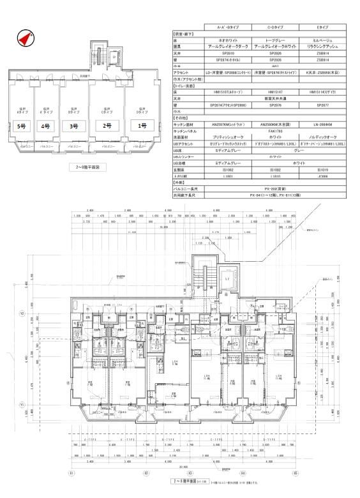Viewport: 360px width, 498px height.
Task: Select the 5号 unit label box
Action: pyautogui.click(x=22, y=126)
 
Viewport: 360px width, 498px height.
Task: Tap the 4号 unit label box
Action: pyautogui.click(x=45, y=126)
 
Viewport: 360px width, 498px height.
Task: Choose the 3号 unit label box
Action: pyautogui.click(x=74, y=126)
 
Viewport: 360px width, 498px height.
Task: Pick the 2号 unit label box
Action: pyautogui.click(x=108, y=125)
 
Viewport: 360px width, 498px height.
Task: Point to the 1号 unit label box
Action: pyautogui.click(x=142, y=125)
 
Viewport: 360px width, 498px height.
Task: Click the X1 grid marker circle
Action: pyautogui.click(x=71, y=473)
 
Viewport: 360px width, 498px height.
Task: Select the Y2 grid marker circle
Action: pyautogui.click(x=39, y=313)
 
